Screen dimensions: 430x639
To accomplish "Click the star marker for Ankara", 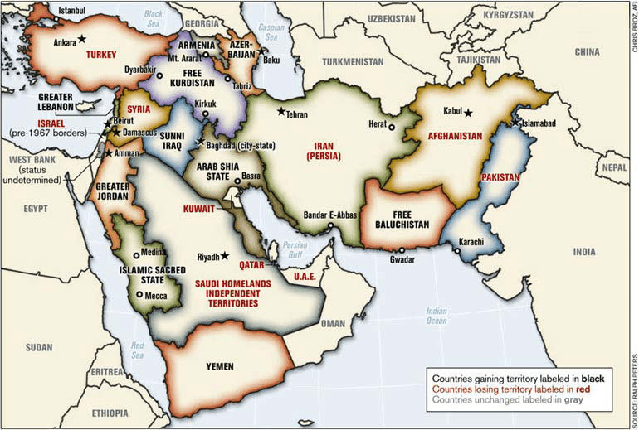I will [81, 39].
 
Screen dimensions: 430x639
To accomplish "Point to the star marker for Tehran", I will [282, 112].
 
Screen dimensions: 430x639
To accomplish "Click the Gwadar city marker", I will [401, 250].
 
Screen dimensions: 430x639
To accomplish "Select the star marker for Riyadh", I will [224, 256].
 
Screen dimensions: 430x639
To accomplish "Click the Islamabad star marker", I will [516, 122].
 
